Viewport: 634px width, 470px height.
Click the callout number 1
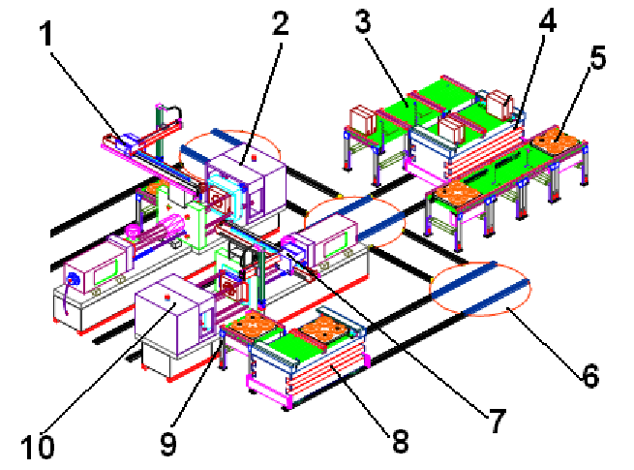pyautogui.click(x=46, y=34)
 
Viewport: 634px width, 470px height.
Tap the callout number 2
pyautogui.click(x=281, y=23)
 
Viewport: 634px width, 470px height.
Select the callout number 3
pyautogui.click(x=363, y=21)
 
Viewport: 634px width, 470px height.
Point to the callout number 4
pyautogui.click(x=548, y=19)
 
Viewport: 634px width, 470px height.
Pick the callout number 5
pyautogui.click(x=598, y=57)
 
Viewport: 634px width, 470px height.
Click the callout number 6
pyautogui.click(x=590, y=376)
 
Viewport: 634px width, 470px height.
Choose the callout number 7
pyautogui.click(x=498, y=421)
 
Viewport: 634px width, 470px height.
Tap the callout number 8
pyautogui.click(x=401, y=441)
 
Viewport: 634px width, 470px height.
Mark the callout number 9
pyautogui.click(x=168, y=444)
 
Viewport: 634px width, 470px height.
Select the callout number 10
pyautogui.click(x=38, y=447)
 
